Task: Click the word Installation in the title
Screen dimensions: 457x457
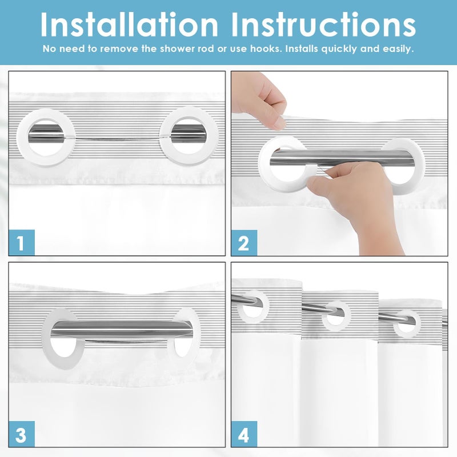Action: pyautogui.click(x=129, y=25)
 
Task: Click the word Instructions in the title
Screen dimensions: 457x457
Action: pyautogui.click(x=323, y=25)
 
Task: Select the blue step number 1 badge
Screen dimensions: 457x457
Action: pyautogui.click(x=22, y=242)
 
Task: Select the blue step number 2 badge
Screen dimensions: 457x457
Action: pyautogui.click(x=244, y=243)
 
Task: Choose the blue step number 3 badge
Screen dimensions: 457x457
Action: pyautogui.click(x=22, y=434)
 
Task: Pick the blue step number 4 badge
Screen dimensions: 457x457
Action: pyautogui.click(x=244, y=434)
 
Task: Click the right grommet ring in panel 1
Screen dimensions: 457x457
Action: pyautogui.click(x=165, y=137)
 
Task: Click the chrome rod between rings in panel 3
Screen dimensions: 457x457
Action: pyautogui.click(x=122, y=329)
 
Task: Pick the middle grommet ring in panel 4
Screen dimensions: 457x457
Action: pyautogui.click(x=347, y=315)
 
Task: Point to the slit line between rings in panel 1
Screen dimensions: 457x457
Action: pyautogui.click(x=118, y=139)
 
